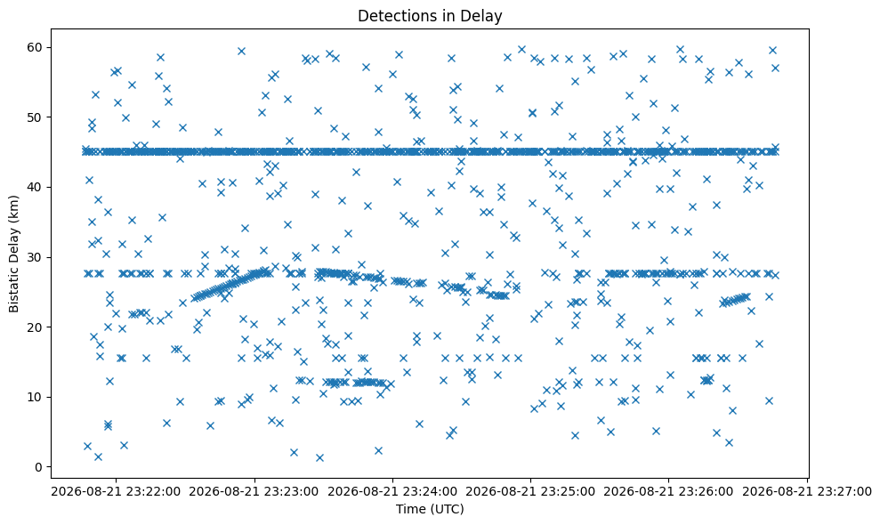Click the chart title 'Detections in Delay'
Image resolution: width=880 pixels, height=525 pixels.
pyautogui.click(x=430, y=16)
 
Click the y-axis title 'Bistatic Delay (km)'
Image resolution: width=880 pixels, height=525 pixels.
pyautogui.click(x=13, y=254)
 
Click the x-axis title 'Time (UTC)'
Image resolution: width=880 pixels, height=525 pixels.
pyautogui.click(x=430, y=509)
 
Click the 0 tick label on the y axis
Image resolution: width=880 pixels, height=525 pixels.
pyautogui.click(x=40, y=467)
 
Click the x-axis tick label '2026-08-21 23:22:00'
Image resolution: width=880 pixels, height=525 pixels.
pyautogui.click(x=117, y=492)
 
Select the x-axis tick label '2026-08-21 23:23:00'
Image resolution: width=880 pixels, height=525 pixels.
pyautogui.click(x=254, y=492)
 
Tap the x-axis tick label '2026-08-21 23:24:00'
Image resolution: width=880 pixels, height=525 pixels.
pyautogui.click(x=392, y=492)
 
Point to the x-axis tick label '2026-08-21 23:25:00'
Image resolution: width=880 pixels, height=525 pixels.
pyautogui.click(x=531, y=492)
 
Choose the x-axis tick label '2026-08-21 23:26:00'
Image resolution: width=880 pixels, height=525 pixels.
pyautogui.click(x=669, y=492)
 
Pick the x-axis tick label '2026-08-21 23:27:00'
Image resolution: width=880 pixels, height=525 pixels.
pyautogui.click(x=807, y=492)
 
